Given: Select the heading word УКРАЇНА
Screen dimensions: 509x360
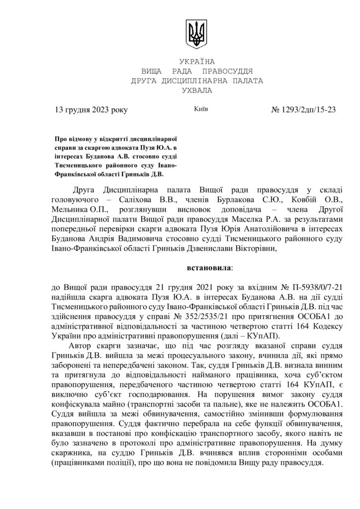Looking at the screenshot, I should point(196,62).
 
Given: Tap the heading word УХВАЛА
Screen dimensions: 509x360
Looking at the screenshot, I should point(196,90).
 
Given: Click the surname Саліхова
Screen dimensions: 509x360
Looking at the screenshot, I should point(129,199).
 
